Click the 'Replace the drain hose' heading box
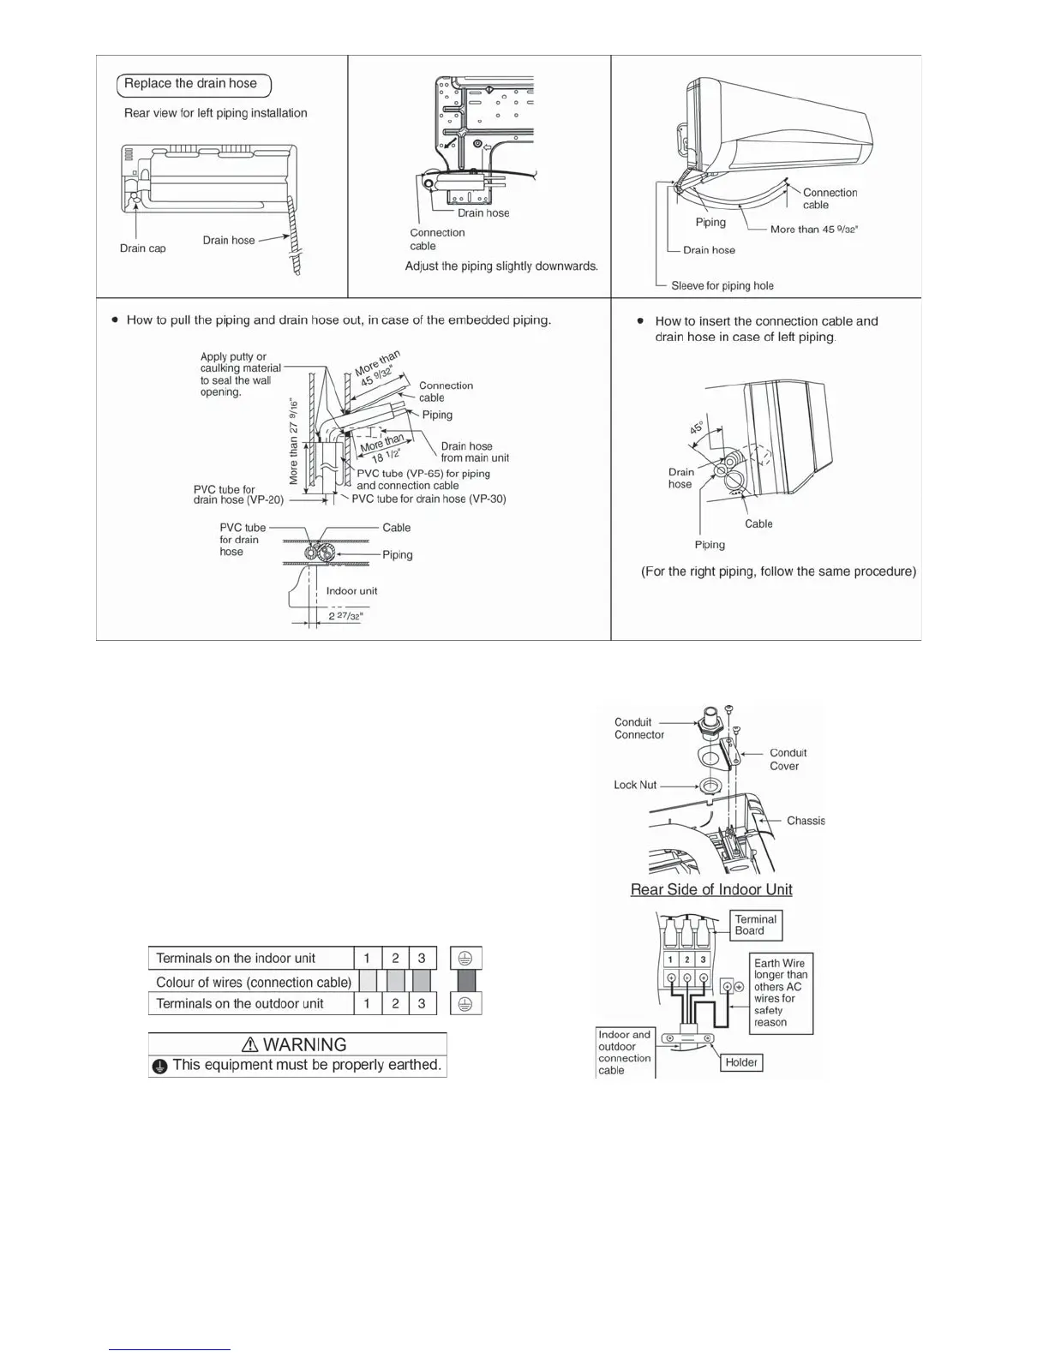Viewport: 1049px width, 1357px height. click(194, 85)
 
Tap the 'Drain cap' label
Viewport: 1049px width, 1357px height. click(143, 248)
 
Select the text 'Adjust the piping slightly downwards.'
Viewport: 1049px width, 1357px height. click(501, 266)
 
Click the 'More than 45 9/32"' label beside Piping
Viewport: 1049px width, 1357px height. click(814, 230)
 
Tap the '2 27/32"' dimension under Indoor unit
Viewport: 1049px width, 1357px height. click(346, 616)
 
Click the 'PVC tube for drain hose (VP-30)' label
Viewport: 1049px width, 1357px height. click(429, 499)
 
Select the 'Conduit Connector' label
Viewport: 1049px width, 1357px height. click(638, 728)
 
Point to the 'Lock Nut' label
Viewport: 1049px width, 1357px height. click(635, 785)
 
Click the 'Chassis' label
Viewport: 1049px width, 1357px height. click(806, 821)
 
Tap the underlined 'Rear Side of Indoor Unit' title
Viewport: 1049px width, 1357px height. click(711, 890)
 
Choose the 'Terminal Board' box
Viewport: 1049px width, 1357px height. click(755, 925)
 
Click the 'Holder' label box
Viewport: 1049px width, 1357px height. click(741, 1062)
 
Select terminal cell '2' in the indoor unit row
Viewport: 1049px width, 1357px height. click(395, 959)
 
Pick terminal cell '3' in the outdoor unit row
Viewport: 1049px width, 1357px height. click(422, 1003)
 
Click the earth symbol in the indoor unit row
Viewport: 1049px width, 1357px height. click(465, 959)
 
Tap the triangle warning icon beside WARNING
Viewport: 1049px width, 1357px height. click(250, 1044)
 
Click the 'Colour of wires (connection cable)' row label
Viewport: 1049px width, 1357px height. click(254, 982)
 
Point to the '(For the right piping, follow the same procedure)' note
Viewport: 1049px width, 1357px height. click(778, 571)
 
